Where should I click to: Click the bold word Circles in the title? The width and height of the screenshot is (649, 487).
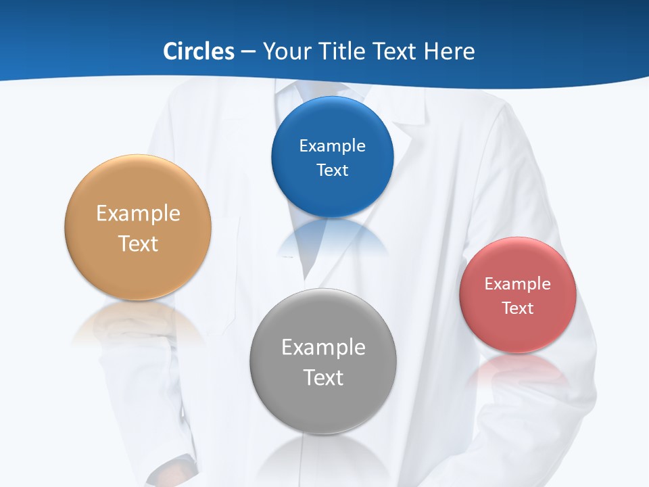[x=198, y=51]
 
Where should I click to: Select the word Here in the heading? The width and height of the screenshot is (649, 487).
[x=449, y=51]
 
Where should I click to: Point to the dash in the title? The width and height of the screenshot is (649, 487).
[x=247, y=52]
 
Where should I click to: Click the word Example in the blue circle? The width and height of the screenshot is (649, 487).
[x=332, y=145]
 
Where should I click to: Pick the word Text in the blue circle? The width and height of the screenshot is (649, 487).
[x=332, y=170]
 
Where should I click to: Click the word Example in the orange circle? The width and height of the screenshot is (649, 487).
[x=138, y=213]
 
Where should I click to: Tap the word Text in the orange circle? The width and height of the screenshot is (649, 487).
[x=138, y=243]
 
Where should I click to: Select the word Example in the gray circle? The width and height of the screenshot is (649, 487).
[x=323, y=347]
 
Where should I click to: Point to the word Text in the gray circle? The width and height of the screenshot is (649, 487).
[x=323, y=377]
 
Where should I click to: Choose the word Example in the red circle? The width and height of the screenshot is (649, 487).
[x=517, y=283]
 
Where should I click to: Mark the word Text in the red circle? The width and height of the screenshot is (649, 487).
[x=517, y=308]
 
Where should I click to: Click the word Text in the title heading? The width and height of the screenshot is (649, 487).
[x=396, y=51]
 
